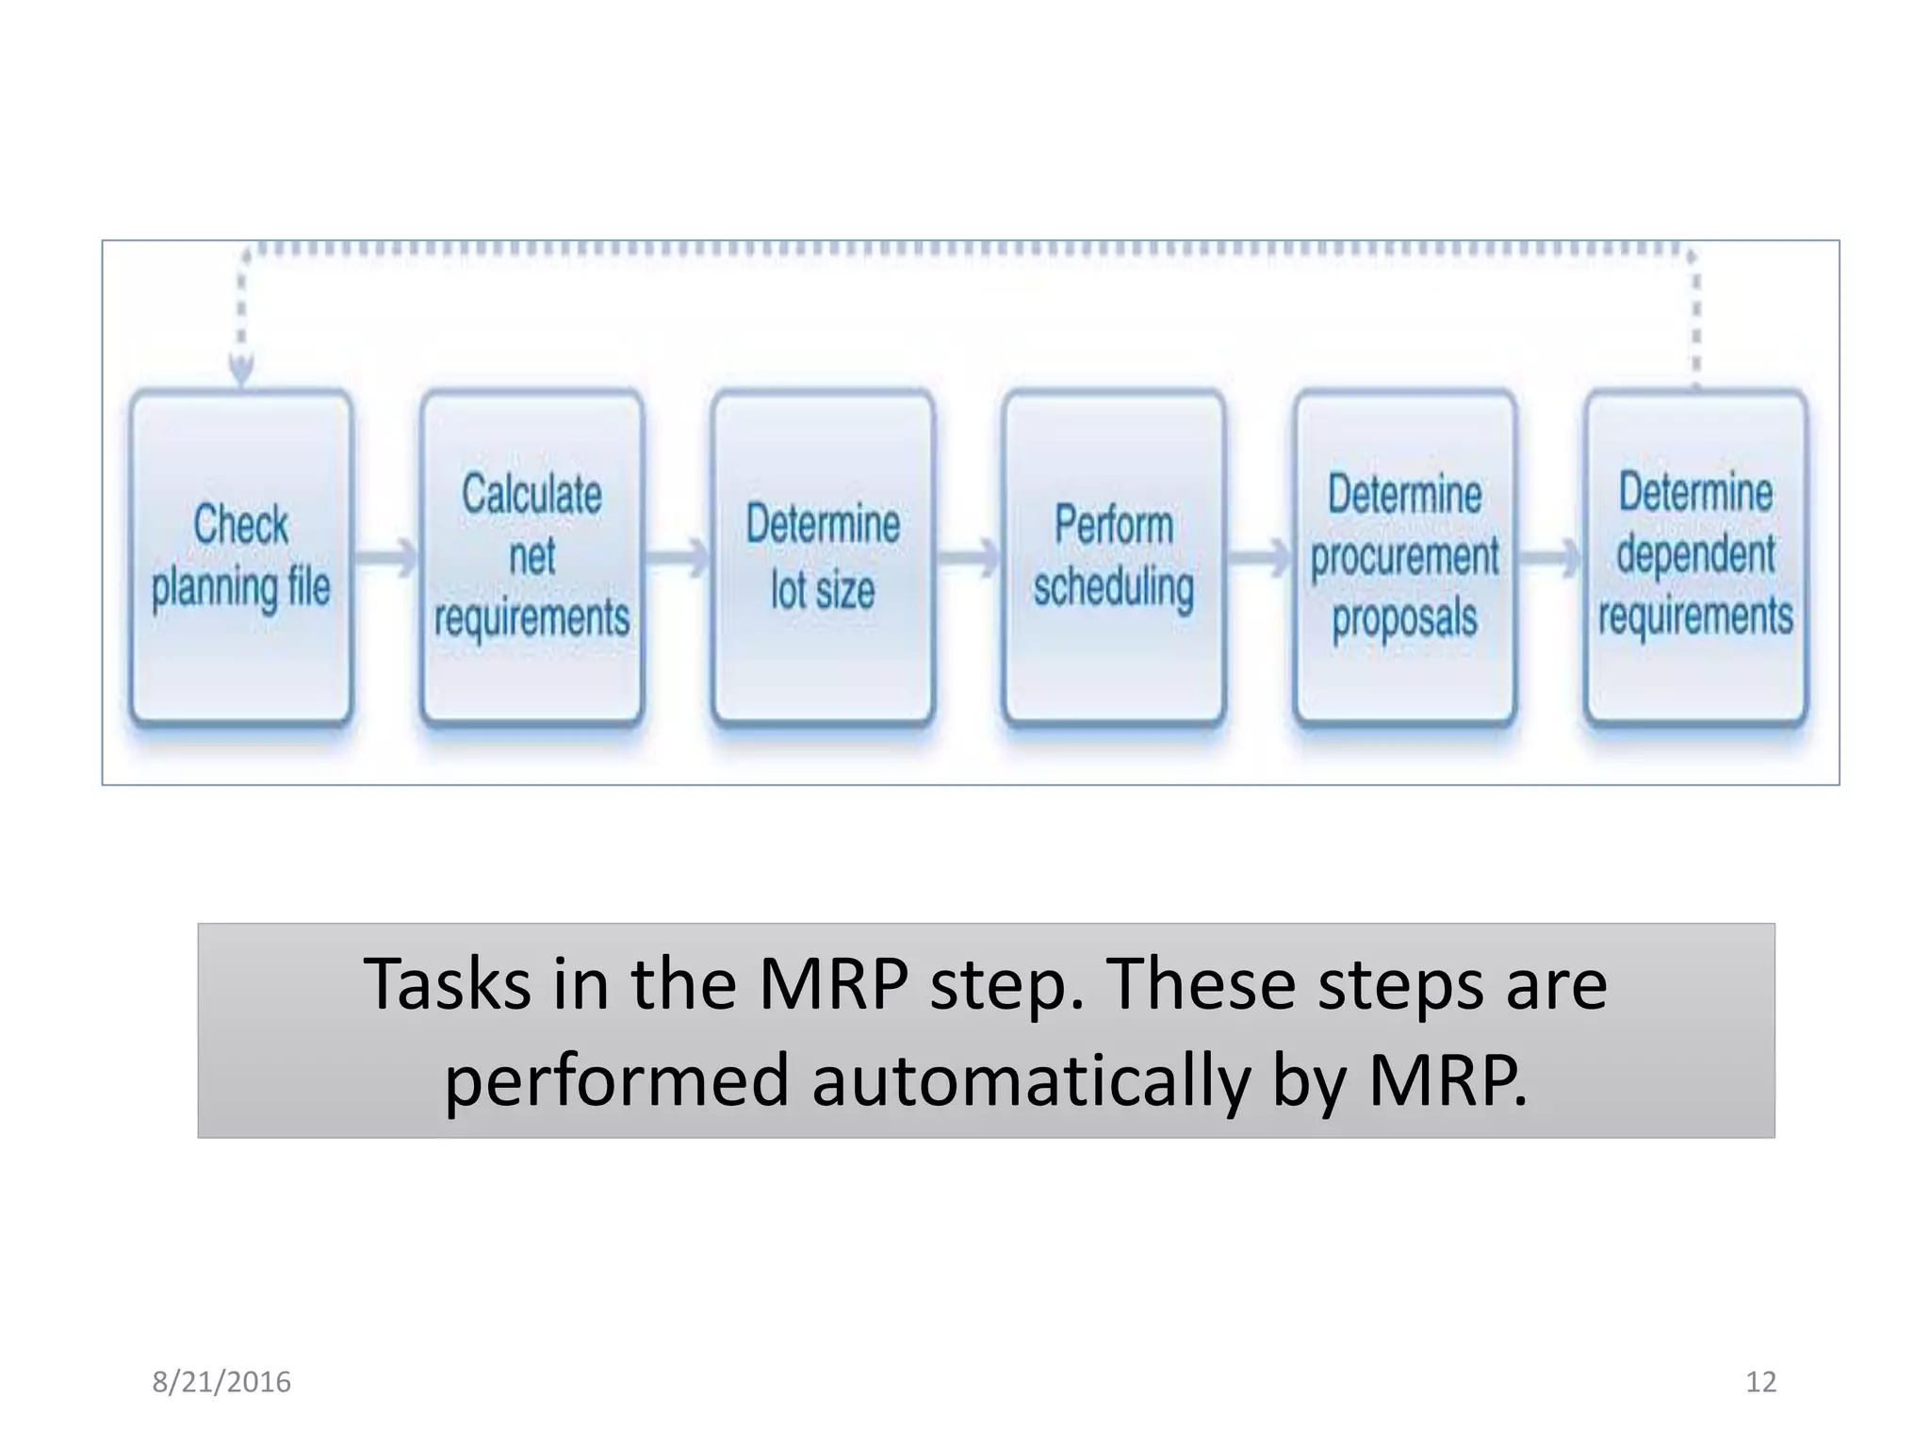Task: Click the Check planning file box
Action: click(241, 558)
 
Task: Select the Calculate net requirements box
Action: click(532, 558)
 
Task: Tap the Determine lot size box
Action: click(823, 558)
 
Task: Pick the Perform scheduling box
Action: click(1114, 558)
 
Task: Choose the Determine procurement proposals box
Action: click(1404, 558)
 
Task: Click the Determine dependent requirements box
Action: click(1695, 558)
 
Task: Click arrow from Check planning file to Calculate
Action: click(386, 557)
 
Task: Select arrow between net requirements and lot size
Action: click(678, 557)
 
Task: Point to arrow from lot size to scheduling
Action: click(969, 557)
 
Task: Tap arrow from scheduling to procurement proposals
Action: click(1260, 557)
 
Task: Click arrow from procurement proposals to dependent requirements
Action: click(1551, 557)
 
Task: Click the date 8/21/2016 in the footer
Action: click(221, 1382)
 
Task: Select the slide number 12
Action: click(1760, 1382)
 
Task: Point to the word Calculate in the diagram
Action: click(532, 494)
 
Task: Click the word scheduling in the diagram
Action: click(1114, 586)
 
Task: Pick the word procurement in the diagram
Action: click(1404, 556)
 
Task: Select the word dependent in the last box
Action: click(1695, 554)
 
